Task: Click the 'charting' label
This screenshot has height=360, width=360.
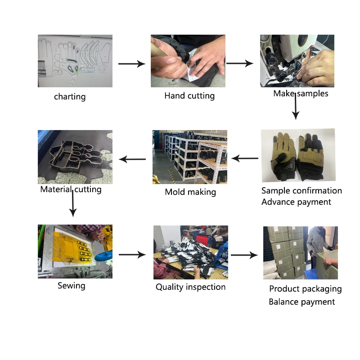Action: pyautogui.click(x=70, y=97)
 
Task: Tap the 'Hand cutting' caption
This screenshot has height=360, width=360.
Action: pyautogui.click(x=189, y=96)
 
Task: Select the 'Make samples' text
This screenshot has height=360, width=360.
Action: pyautogui.click(x=301, y=94)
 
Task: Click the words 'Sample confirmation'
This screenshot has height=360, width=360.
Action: pyautogui.click(x=301, y=191)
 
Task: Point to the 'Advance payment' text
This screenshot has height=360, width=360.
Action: pyautogui.click(x=296, y=202)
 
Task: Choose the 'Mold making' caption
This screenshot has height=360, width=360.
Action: pyautogui.click(x=190, y=192)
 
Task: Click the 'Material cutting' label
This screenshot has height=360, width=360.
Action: pyautogui.click(x=71, y=189)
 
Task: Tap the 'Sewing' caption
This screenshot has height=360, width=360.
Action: pyautogui.click(x=72, y=286)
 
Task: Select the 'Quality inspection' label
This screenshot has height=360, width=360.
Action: pyautogui.click(x=190, y=287)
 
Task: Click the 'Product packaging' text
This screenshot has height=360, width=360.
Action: pyautogui.click(x=305, y=289)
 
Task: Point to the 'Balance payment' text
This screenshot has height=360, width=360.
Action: pyautogui.click(x=301, y=302)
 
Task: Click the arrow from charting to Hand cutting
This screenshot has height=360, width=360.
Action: pyautogui.click(x=131, y=64)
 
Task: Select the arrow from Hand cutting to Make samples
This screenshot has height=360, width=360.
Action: pyautogui.click(x=240, y=64)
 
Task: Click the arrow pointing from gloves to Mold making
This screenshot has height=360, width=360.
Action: pyautogui.click(x=245, y=158)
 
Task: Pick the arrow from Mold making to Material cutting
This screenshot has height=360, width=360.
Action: pyautogui.click(x=132, y=159)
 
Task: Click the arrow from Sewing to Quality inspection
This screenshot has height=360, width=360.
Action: pyautogui.click(x=132, y=255)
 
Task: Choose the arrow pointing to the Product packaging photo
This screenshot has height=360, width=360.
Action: pyautogui.click(x=244, y=255)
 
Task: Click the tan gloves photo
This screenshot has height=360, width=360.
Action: pyautogui.click(x=298, y=155)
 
